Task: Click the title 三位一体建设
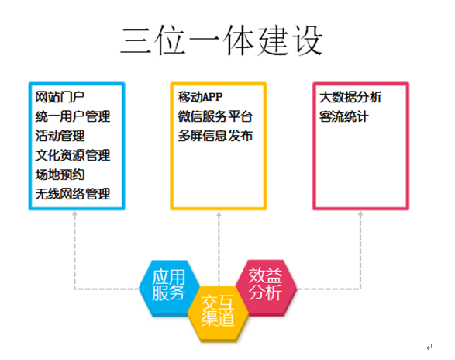point(222,40)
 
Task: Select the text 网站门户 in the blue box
point(60,97)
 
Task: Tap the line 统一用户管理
point(73,116)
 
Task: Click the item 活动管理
point(60,136)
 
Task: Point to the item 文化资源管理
point(73,155)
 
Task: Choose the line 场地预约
point(60,175)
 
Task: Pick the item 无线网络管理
point(73,194)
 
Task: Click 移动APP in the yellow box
point(200,97)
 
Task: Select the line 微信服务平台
point(215,116)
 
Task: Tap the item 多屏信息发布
point(215,136)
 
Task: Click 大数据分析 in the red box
point(350,97)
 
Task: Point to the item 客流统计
point(344,116)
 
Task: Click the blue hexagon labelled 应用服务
point(169,288)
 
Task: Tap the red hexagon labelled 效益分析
point(266,287)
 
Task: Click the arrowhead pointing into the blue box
point(74,213)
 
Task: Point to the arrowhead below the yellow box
point(219,214)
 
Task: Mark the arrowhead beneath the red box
point(360,213)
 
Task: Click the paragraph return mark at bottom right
point(429,348)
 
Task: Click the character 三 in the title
point(136,40)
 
